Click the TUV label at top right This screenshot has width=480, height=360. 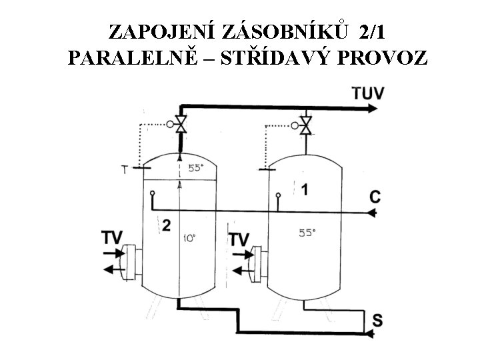coord(368,93)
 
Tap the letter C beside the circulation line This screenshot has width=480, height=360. coord(375,197)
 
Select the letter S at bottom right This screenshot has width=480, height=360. coord(377,321)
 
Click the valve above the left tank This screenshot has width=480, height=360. coord(180,124)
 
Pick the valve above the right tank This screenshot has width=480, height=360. coord(305,124)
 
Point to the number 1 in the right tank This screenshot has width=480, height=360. coord(304,190)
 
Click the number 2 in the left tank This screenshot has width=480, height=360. coord(166,226)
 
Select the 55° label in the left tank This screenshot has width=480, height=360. coord(195,169)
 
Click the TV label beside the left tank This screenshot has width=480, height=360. coord(113,237)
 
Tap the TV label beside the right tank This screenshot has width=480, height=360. coord(239,238)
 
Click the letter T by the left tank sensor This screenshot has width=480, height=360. coord(124,169)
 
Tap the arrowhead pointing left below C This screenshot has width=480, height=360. coord(371,213)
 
